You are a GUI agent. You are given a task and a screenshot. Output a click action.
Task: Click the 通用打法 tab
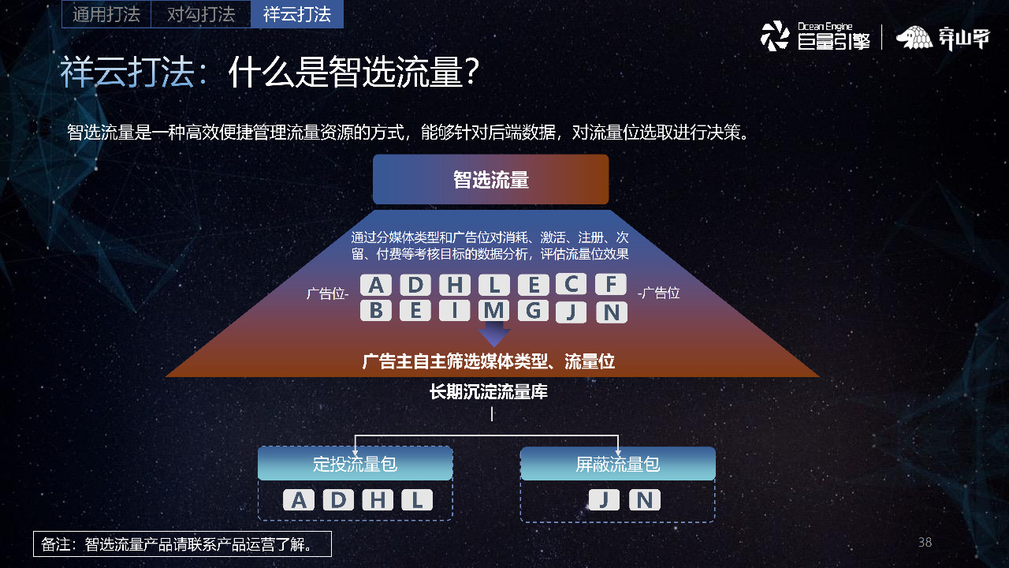tap(106, 14)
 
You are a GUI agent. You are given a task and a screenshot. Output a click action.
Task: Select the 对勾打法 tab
tap(201, 14)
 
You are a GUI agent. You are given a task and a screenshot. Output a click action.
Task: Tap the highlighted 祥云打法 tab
tap(296, 14)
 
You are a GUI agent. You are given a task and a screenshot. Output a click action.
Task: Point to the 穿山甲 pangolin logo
tap(942, 38)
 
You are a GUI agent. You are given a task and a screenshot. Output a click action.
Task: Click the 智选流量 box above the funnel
tap(490, 180)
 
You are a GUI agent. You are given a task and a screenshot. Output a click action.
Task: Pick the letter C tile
tap(572, 284)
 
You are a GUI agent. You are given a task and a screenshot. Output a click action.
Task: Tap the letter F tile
tap(611, 284)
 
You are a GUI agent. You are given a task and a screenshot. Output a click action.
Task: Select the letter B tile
tap(376, 311)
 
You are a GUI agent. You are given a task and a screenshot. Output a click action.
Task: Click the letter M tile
tap(494, 311)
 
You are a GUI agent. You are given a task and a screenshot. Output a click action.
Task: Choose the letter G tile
tap(534, 311)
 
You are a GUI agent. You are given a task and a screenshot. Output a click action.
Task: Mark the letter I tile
tap(455, 311)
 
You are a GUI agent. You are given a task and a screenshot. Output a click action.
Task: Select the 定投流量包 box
tap(355, 464)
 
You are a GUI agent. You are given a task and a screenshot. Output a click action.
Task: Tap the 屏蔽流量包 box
tap(618, 464)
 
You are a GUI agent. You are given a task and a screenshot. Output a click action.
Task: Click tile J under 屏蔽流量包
tap(604, 500)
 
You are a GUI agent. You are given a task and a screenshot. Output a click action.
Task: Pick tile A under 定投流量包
tap(299, 500)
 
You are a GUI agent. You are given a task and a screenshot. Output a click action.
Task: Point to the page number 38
tap(925, 542)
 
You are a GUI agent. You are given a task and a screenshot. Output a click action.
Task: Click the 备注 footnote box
tap(182, 544)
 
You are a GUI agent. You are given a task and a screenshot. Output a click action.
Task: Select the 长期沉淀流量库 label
tap(489, 392)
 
